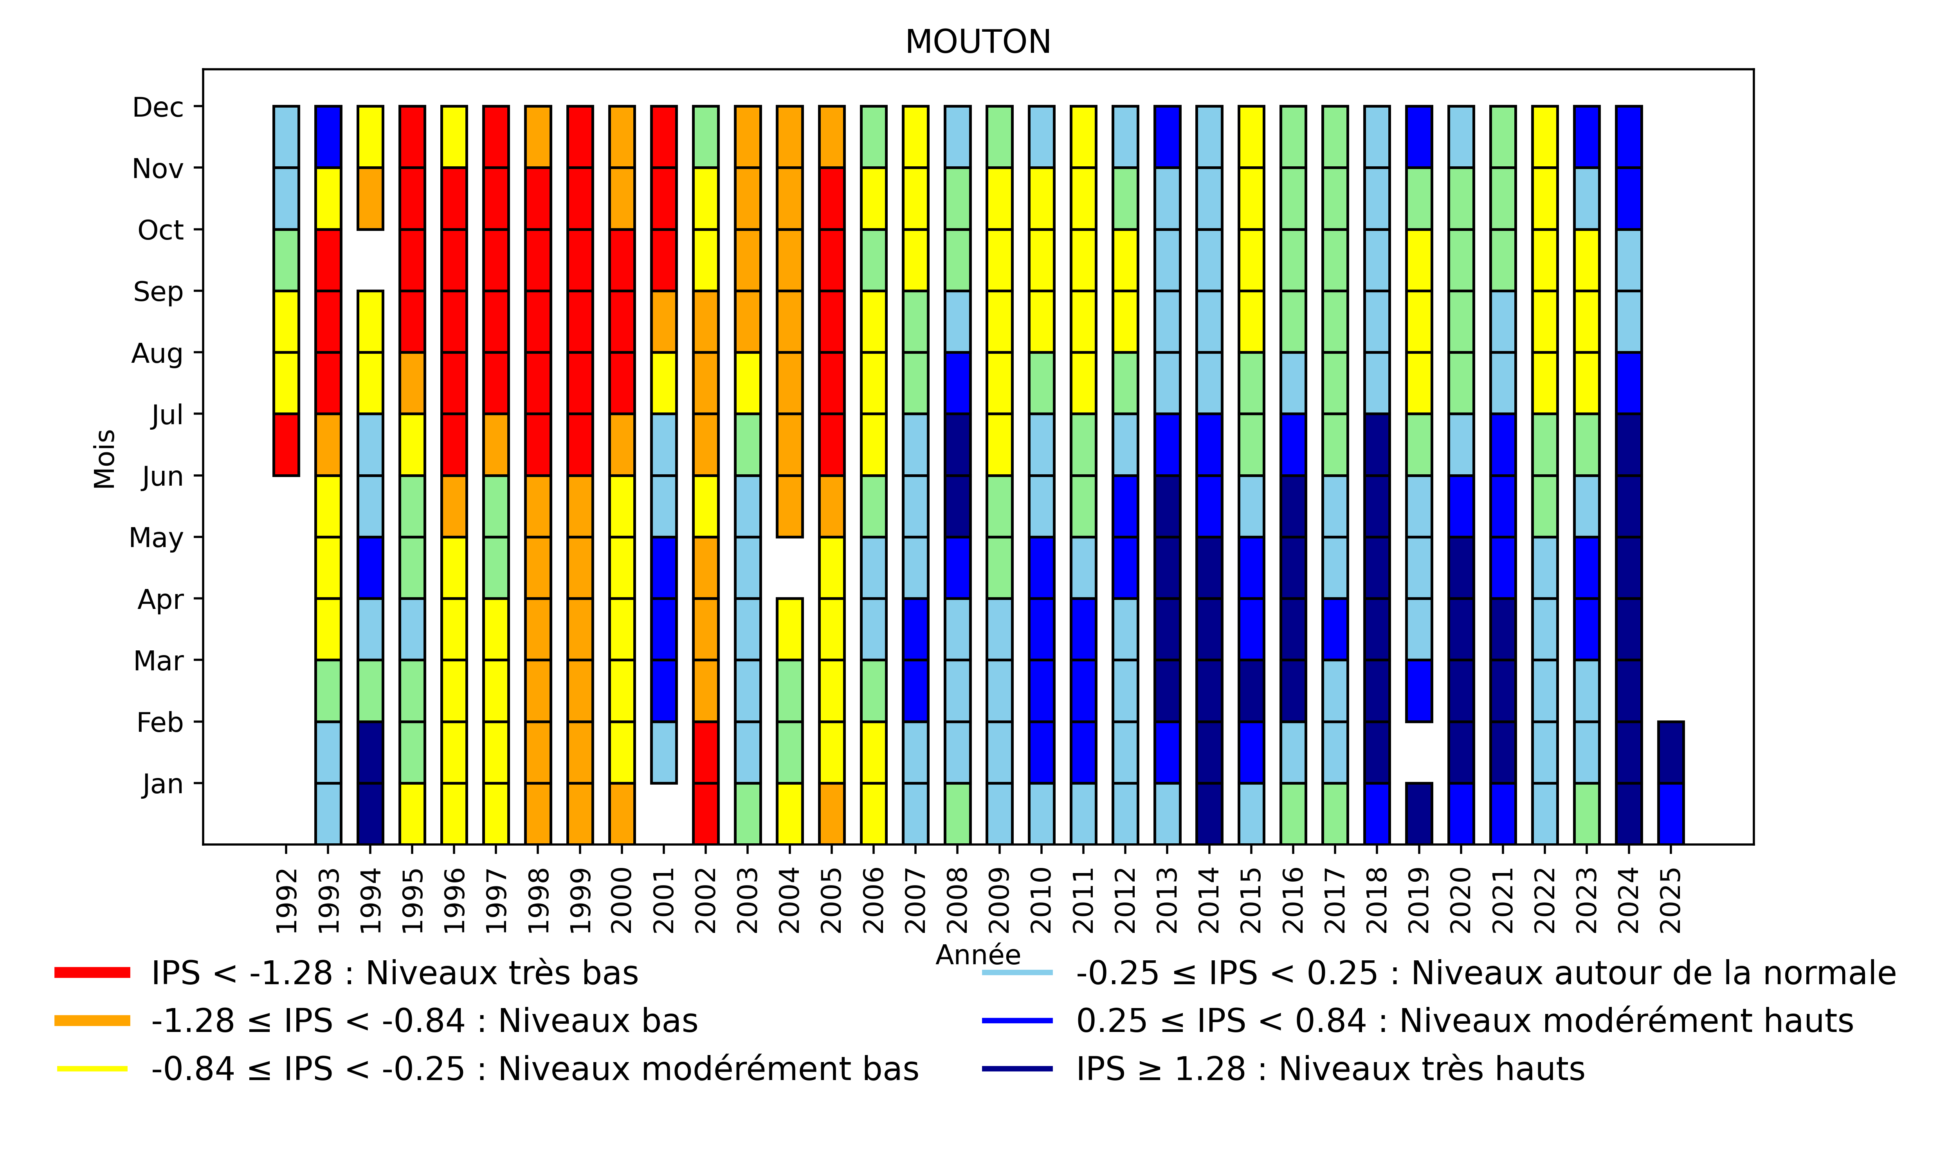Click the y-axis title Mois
coord(105,459)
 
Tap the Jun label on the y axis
coord(162,476)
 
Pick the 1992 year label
coord(287,900)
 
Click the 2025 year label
coord(1670,900)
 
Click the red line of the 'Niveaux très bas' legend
coord(92,972)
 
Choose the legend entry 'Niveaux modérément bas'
coord(535,1069)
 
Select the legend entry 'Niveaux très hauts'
coord(1330,1069)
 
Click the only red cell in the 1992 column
coord(287,445)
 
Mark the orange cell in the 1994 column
coord(370,198)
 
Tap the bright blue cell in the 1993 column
coord(328,137)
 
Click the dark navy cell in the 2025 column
coord(1670,753)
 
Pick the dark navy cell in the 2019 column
coord(1419,813)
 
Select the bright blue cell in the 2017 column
coord(1335,629)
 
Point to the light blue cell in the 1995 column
coord(412,629)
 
